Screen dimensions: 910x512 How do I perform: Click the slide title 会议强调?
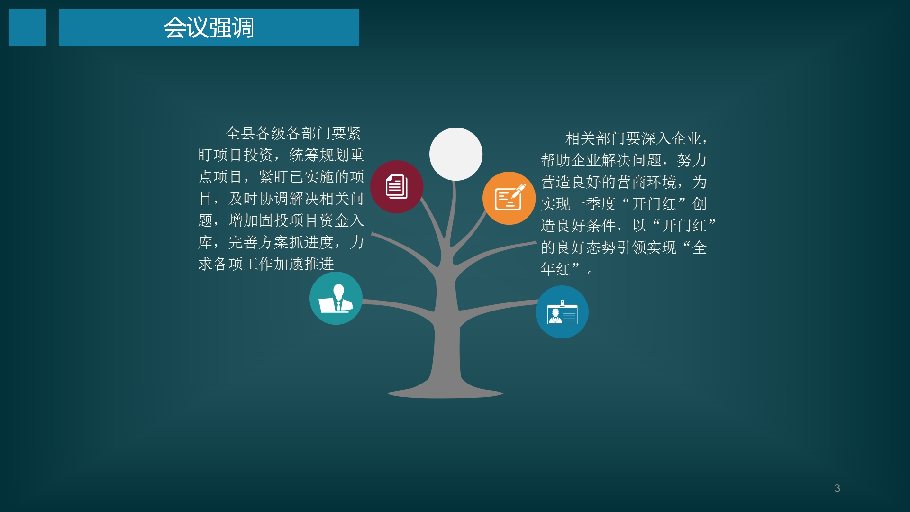click(x=209, y=27)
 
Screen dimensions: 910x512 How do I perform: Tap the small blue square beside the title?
click(x=27, y=27)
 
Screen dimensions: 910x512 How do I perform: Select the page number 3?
click(x=837, y=488)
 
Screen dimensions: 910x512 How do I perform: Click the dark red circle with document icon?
click(x=397, y=187)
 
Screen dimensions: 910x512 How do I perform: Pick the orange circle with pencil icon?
click(x=509, y=198)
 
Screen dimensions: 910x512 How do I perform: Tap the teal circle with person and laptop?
click(x=336, y=298)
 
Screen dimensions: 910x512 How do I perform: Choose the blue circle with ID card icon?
click(x=562, y=312)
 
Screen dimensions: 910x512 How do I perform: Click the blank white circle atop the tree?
click(x=456, y=154)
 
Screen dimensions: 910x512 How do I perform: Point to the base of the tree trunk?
click(x=446, y=393)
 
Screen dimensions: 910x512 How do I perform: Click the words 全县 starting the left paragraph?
click(x=240, y=133)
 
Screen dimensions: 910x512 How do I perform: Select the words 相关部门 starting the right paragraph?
click(x=596, y=138)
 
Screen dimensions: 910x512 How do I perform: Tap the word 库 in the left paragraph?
click(x=205, y=242)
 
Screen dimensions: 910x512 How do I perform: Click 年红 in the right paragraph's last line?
click(x=555, y=269)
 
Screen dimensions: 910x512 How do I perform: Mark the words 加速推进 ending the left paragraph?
click(x=304, y=264)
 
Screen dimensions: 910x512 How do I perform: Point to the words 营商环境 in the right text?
click(x=647, y=182)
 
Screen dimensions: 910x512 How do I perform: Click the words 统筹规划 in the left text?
click(x=319, y=155)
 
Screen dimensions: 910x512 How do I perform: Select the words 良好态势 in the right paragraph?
click(x=586, y=247)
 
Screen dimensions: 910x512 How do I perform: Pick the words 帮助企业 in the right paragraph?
click(x=571, y=160)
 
